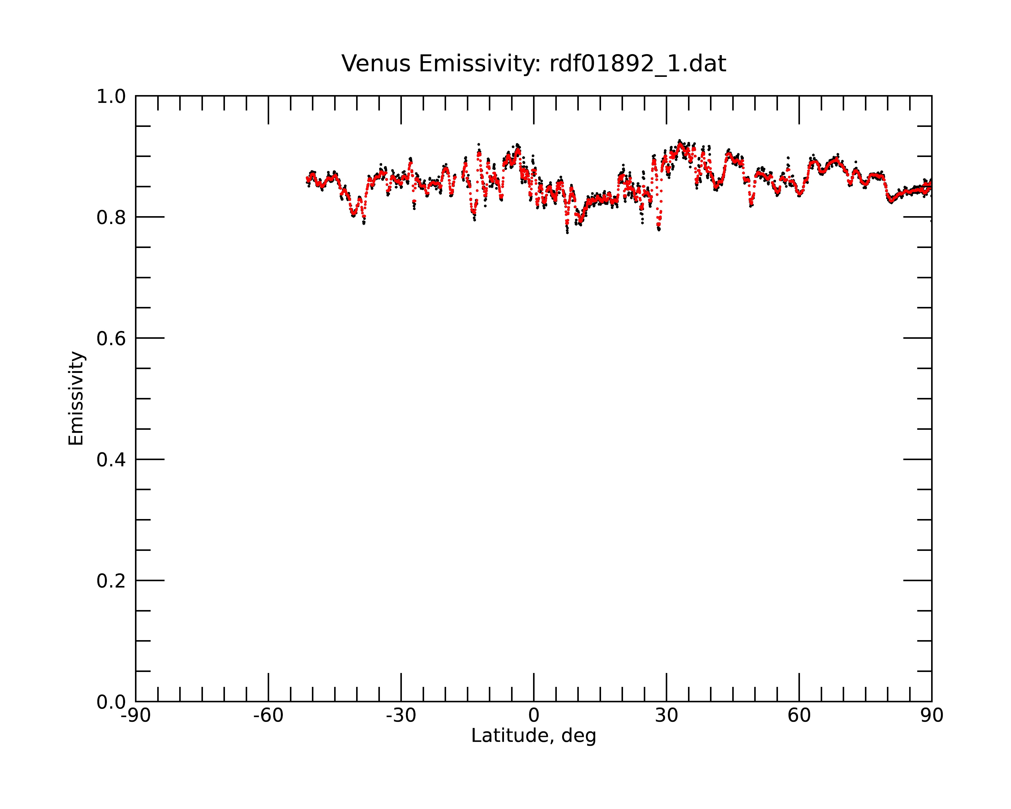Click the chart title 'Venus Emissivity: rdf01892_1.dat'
[534, 64]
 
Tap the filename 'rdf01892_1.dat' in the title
[638, 64]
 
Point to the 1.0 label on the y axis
[111, 97]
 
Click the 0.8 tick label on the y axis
[111, 218]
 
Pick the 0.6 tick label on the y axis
[111, 339]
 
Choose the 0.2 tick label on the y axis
[111, 581]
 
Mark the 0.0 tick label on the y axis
[111, 702]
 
